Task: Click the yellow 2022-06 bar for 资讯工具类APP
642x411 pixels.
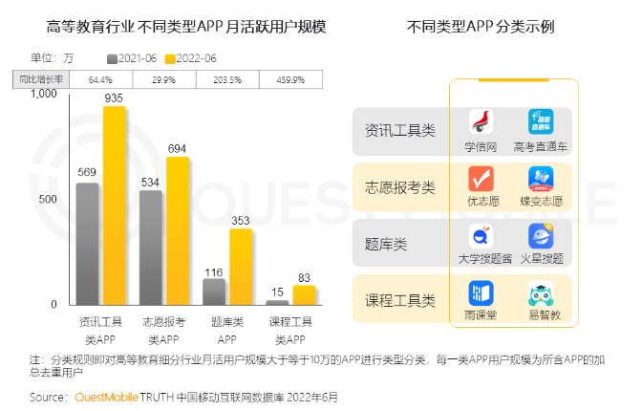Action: click(115, 205)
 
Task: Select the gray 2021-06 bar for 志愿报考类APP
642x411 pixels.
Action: click(151, 248)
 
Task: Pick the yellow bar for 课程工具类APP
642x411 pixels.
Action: click(304, 294)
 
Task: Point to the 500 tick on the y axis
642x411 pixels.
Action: click(47, 200)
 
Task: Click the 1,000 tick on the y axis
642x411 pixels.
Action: click(43, 95)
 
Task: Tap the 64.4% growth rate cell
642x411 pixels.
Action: click(101, 78)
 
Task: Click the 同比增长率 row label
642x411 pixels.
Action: click(37, 78)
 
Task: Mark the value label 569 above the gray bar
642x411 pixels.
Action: click(87, 172)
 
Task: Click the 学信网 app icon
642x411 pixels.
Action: click(481, 122)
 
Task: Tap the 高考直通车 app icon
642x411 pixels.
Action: click(541, 122)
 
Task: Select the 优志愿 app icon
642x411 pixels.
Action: click(481, 179)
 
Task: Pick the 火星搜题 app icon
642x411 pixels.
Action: click(541, 236)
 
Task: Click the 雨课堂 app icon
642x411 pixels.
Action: click(481, 292)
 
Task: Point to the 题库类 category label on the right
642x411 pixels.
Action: click(387, 244)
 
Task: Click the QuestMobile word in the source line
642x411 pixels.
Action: click(108, 396)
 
